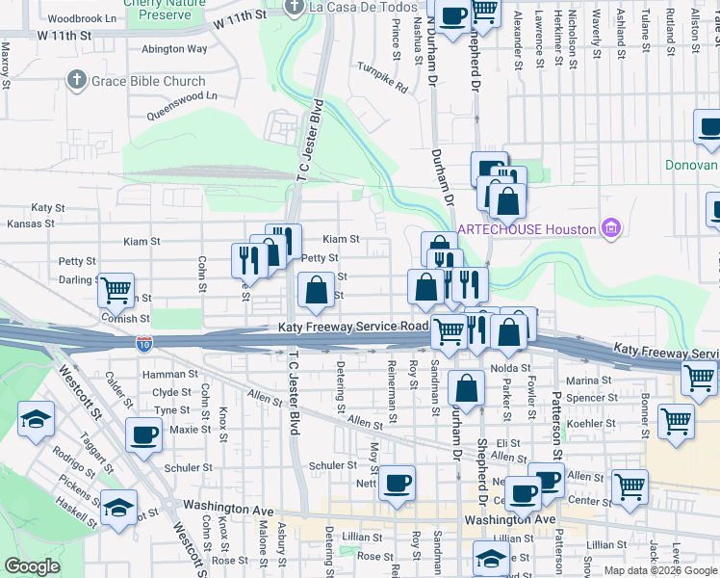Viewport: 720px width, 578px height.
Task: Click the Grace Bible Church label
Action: point(148,82)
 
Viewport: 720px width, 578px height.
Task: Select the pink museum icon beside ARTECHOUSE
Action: point(609,228)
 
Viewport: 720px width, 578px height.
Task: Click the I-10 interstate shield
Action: point(142,342)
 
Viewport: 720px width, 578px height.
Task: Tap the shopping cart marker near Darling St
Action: point(116,288)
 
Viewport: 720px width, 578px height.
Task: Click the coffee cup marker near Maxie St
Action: point(144,434)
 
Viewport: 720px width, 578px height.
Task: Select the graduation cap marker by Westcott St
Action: point(37,419)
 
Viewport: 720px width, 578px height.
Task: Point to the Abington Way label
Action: point(174,48)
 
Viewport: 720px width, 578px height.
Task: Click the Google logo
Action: point(32,566)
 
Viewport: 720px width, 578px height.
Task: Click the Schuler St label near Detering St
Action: point(333,465)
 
